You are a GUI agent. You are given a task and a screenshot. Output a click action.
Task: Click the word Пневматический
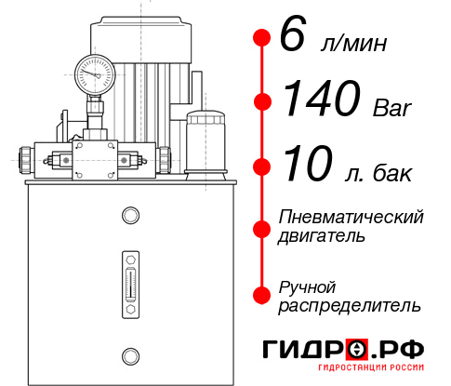click(x=352, y=218)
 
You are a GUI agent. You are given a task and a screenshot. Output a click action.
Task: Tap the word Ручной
click(x=307, y=286)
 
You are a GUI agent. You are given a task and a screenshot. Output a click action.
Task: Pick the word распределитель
click(x=350, y=305)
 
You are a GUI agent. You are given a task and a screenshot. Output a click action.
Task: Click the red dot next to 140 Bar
click(x=262, y=100)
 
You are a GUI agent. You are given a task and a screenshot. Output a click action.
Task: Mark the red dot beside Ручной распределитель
click(x=262, y=294)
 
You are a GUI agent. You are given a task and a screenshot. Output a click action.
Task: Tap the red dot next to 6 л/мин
click(x=262, y=38)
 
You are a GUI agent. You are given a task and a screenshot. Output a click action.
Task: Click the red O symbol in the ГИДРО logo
click(x=356, y=350)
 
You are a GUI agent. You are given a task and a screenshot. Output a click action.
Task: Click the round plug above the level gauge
click(x=129, y=216)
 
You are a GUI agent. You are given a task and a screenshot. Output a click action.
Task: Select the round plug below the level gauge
click(x=129, y=353)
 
